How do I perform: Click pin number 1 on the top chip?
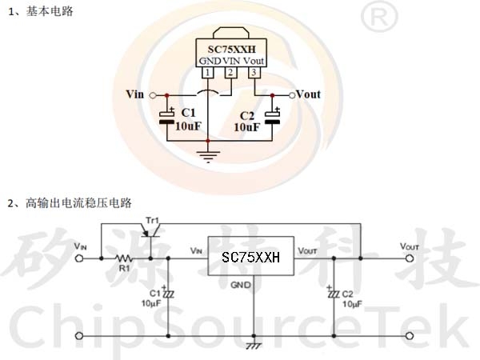point(207,73)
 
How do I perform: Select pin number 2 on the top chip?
point(230,73)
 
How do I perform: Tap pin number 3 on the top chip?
point(254,73)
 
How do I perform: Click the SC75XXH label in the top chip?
point(231,49)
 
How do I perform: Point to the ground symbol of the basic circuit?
point(208,157)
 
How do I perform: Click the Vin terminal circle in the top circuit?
point(153,96)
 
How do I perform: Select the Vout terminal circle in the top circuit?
point(292,95)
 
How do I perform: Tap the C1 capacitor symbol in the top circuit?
point(167,117)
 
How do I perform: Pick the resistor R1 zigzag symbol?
point(124,258)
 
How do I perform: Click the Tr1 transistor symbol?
point(151,232)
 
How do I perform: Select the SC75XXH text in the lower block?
point(250,257)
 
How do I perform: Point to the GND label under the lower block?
point(241,285)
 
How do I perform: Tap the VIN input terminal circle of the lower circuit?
point(79,258)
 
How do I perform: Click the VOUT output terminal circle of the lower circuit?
point(410,258)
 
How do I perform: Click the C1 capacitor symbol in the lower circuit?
point(168,293)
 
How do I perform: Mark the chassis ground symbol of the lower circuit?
point(254,345)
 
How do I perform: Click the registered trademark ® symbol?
point(379,16)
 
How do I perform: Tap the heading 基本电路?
point(50,11)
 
